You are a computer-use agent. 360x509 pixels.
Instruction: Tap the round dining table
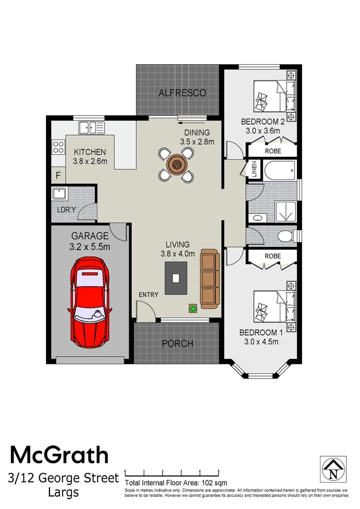click(177, 164)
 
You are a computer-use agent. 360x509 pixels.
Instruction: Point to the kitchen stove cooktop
click(58, 147)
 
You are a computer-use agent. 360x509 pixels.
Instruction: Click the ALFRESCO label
click(182, 93)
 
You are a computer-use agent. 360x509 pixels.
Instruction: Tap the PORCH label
click(178, 343)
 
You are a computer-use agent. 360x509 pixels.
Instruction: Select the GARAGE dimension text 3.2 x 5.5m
click(90, 246)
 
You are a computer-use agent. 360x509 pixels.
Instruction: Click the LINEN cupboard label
click(254, 169)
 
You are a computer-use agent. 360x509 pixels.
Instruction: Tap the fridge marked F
click(58, 176)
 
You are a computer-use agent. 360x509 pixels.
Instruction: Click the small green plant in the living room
click(192, 309)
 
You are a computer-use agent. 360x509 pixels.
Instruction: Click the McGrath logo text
click(59, 456)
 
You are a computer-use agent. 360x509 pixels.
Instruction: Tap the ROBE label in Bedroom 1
click(273, 256)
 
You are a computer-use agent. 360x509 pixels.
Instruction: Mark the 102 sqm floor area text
click(176, 483)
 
